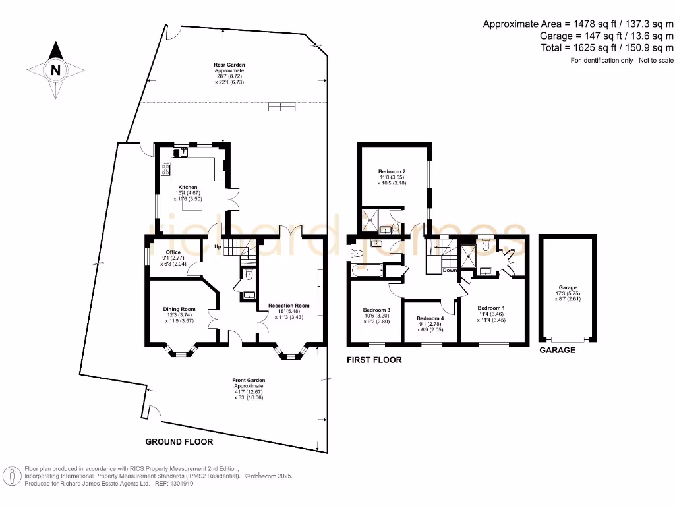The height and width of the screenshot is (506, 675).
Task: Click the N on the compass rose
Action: (x=55, y=70)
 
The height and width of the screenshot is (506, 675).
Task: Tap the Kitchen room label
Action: (x=188, y=188)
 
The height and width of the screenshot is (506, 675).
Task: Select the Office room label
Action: (x=173, y=252)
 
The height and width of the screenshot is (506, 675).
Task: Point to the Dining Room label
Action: (x=179, y=309)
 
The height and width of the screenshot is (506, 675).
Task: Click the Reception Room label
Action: (x=289, y=306)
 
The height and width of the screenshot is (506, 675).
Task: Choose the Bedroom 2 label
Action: (x=392, y=171)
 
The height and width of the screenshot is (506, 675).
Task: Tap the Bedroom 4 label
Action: (x=430, y=318)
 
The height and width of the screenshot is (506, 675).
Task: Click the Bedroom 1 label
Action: (x=491, y=308)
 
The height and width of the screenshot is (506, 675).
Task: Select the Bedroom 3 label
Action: (x=376, y=310)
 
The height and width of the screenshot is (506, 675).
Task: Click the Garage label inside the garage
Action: (x=568, y=287)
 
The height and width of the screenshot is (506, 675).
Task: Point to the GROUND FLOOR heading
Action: (x=179, y=442)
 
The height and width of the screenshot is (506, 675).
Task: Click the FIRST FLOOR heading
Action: (x=374, y=360)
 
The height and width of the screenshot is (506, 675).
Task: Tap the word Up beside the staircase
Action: (x=218, y=247)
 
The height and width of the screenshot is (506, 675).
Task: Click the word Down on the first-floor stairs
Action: (x=450, y=271)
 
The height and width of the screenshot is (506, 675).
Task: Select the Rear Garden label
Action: (x=229, y=65)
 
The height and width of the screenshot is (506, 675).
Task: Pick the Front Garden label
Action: (x=249, y=380)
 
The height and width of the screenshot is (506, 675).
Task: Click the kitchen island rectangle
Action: (x=192, y=200)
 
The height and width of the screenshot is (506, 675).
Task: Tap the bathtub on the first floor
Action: (x=367, y=271)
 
